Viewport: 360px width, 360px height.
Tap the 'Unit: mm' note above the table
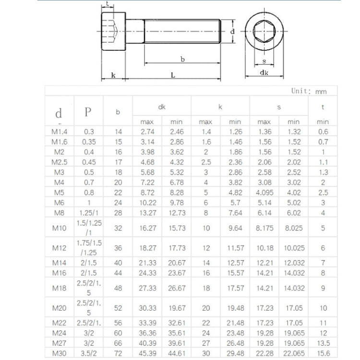tap(309, 91)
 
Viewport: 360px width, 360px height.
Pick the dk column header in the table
tap(162, 107)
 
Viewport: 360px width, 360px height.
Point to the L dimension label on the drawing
tap(173, 75)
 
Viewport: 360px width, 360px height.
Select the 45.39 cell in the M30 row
tap(147, 354)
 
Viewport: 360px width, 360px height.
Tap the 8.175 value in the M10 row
tap(264, 228)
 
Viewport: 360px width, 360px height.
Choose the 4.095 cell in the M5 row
tap(264, 192)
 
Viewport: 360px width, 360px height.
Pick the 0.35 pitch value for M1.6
tap(89, 142)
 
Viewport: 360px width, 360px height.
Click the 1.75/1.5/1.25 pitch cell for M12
tap(89, 248)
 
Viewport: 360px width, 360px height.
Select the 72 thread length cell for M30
tap(118, 354)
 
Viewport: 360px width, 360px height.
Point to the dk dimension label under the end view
tap(264, 72)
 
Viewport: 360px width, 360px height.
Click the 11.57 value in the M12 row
tap(235, 248)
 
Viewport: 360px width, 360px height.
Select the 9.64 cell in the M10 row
tap(235, 228)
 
